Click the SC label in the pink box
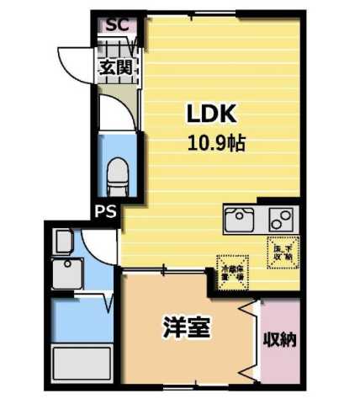(x=116, y=24)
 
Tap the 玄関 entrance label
(x=115, y=68)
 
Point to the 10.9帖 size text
(x=216, y=143)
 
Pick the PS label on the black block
(x=105, y=210)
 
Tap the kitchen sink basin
(x=241, y=221)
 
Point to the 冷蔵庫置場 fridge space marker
(x=231, y=268)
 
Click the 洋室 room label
(x=186, y=327)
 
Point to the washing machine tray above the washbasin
(x=64, y=243)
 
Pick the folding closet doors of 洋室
(x=248, y=341)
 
